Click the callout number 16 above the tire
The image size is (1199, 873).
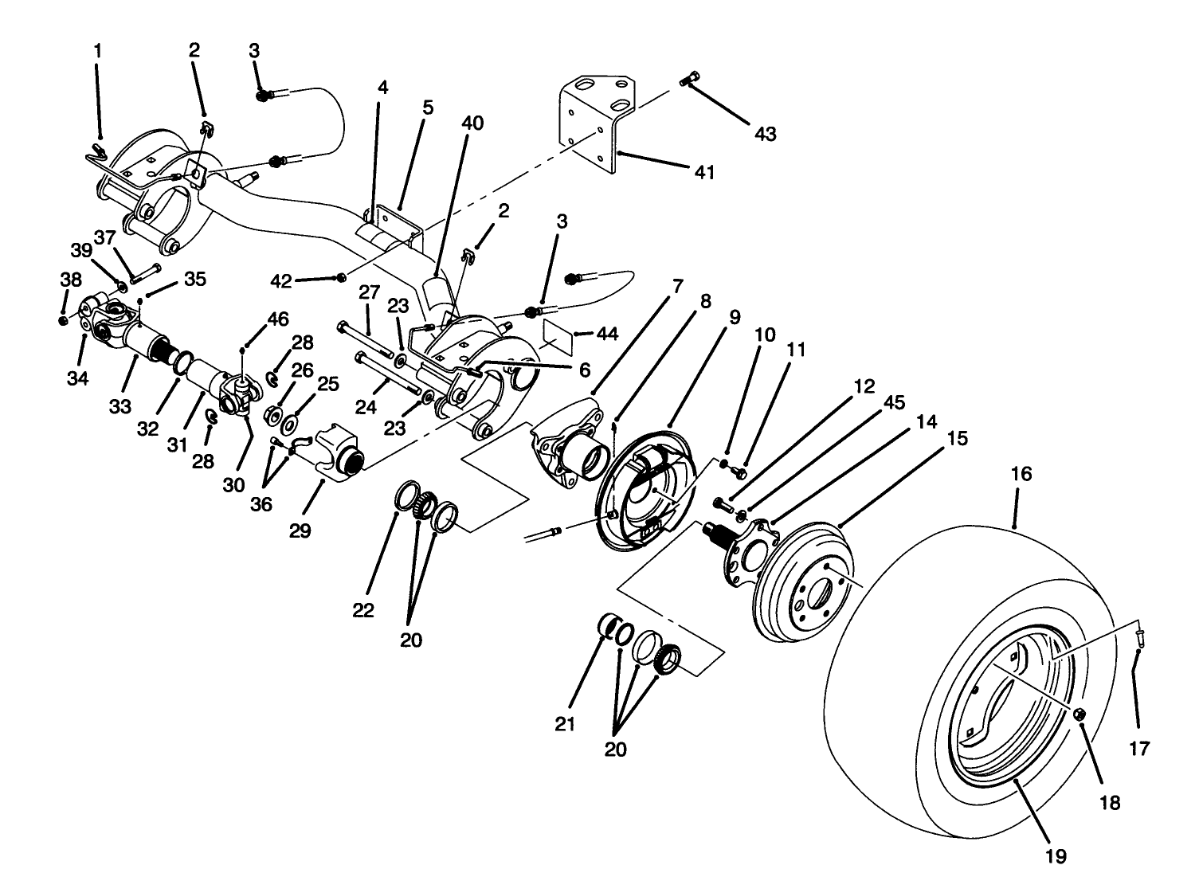coord(1021,475)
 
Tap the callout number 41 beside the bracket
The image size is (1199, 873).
coord(703,171)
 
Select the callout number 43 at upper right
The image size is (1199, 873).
coord(765,134)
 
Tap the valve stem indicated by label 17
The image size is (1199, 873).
coord(1139,635)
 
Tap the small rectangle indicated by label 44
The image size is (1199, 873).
coord(558,335)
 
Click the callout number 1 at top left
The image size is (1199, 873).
coord(98,50)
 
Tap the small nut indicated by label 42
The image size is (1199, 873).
coord(341,277)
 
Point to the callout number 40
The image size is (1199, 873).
coord(472,123)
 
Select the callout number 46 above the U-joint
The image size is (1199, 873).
coord(277,319)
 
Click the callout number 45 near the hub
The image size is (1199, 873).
coord(895,402)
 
